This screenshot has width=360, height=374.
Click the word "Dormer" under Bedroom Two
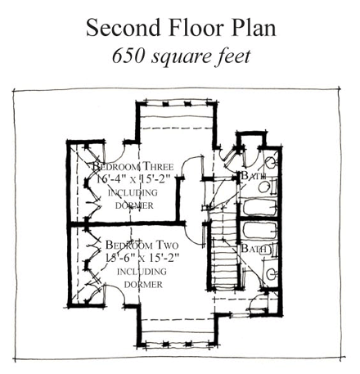[x=140, y=284]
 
